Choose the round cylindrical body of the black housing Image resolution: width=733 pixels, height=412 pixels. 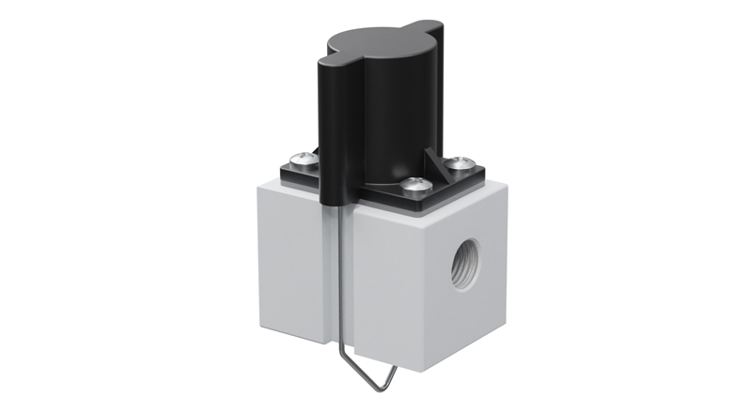click(x=395, y=113)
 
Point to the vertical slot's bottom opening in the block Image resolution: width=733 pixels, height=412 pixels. click(x=338, y=343)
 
